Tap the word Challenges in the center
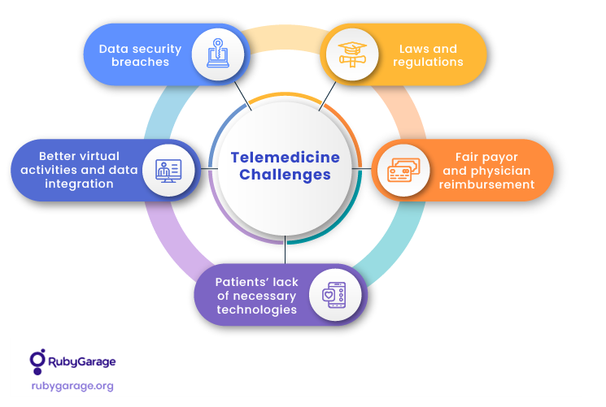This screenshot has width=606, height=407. point(285,175)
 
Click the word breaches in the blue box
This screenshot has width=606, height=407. point(133,63)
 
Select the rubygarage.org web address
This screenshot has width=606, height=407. point(72,386)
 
